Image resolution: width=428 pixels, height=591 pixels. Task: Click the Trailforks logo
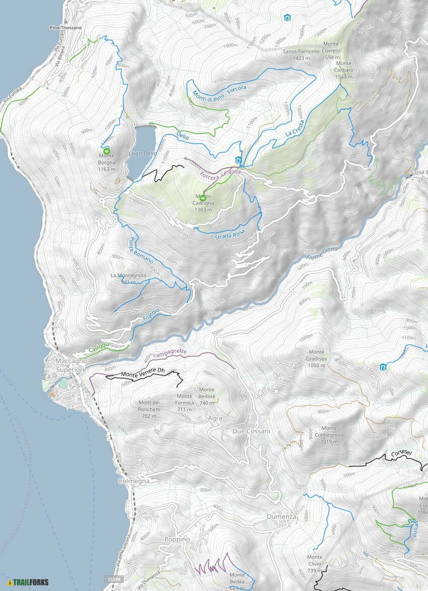tap(28, 582)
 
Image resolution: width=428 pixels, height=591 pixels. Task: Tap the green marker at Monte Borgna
tap(107, 151)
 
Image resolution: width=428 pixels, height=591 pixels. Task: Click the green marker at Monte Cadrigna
tap(203, 198)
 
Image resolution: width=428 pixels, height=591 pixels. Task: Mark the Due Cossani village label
tap(251, 431)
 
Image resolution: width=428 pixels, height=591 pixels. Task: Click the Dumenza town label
tap(282, 517)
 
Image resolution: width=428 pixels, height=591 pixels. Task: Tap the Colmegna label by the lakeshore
tap(133, 481)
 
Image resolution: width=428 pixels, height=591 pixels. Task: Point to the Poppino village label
tap(177, 539)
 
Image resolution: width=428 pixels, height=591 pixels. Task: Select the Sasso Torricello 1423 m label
tap(301, 54)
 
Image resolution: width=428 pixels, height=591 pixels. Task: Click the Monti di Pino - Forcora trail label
tap(219, 93)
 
